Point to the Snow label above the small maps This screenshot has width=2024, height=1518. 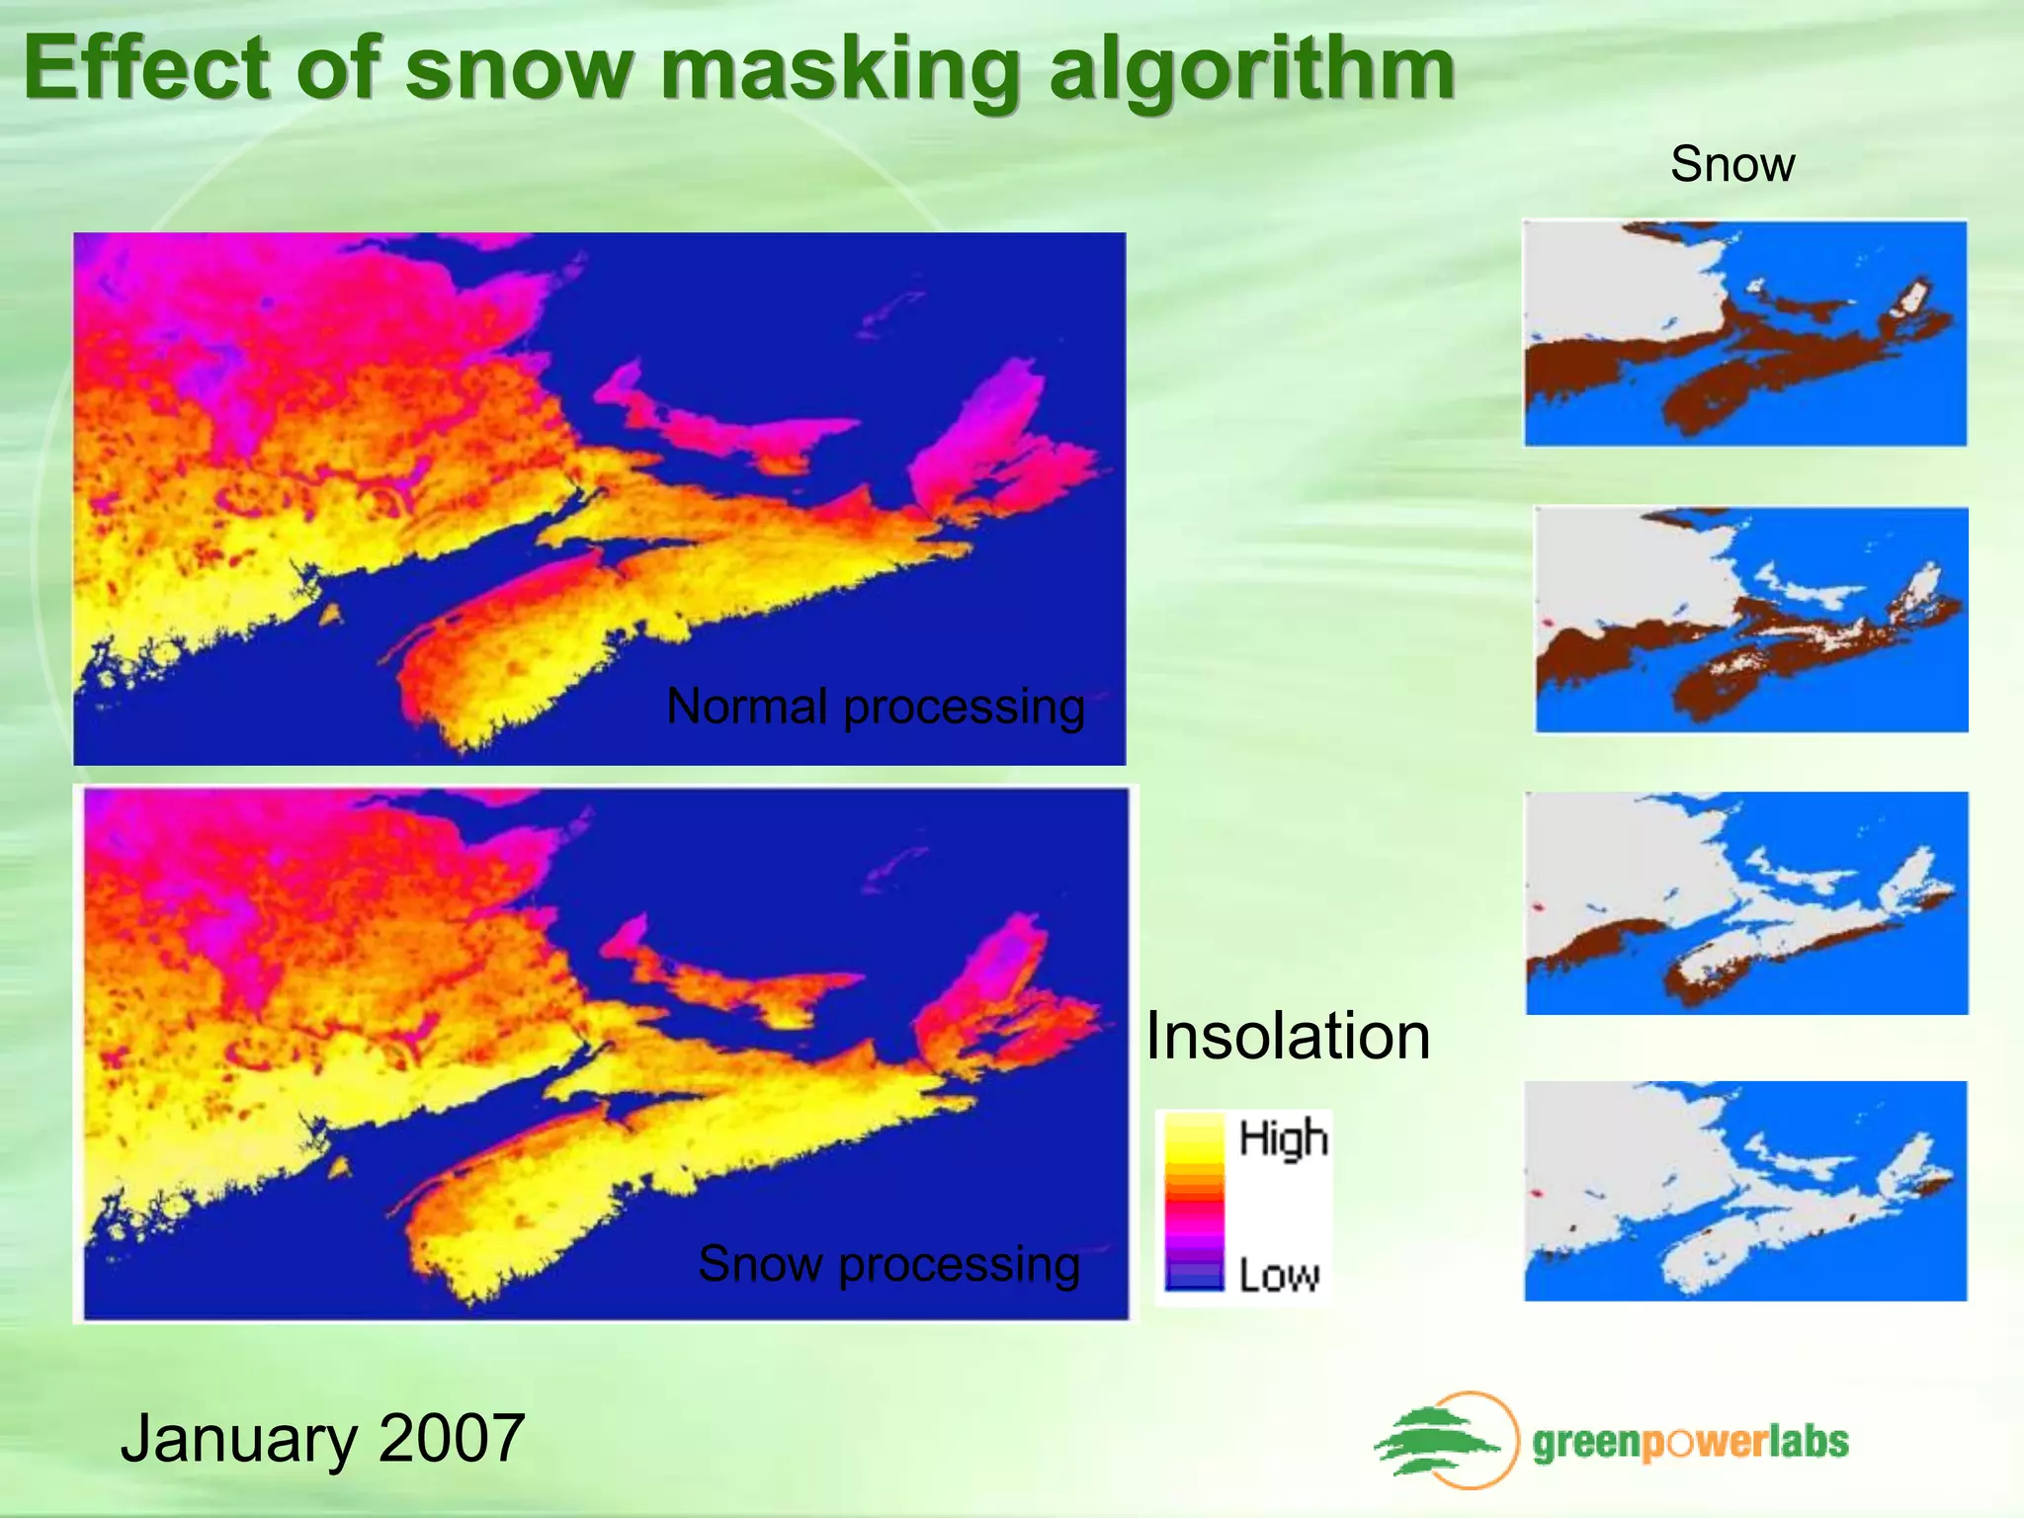[x=1732, y=164]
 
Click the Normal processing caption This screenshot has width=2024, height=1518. [x=876, y=707]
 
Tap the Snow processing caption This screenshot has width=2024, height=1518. [x=888, y=1263]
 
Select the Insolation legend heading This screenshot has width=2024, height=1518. [x=1288, y=1037]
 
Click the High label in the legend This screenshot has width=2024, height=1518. [x=1283, y=1138]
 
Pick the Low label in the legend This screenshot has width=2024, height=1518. [x=1279, y=1275]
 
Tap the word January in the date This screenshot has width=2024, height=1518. [x=237, y=1439]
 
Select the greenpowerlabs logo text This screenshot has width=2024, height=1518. [x=1690, y=1443]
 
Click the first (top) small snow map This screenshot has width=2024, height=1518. [x=1745, y=333]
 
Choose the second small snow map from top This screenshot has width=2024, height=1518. [x=1750, y=620]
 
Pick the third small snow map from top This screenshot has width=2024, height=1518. [x=1746, y=903]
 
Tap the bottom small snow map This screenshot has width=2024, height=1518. [x=1745, y=1191]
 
